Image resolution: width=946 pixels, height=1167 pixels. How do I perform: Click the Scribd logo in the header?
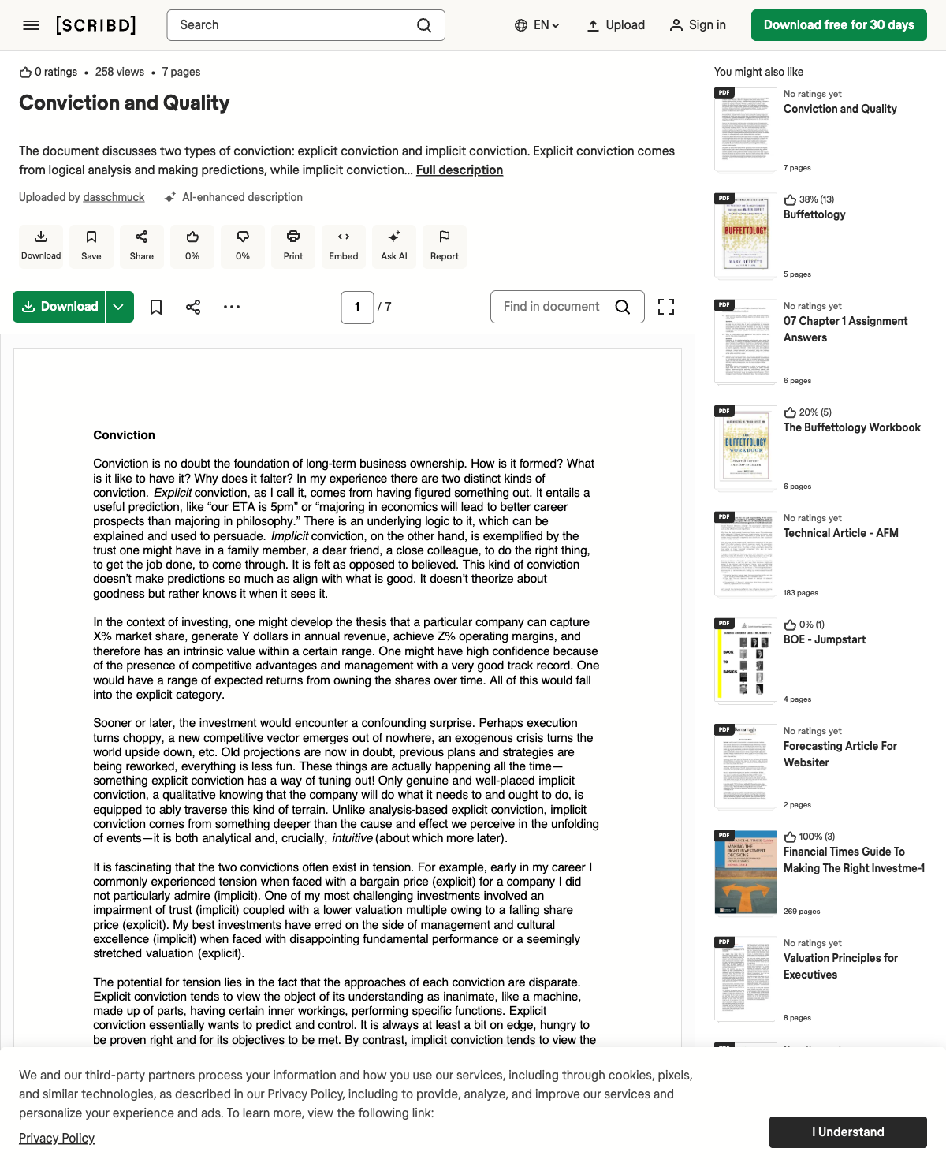click(96, 25)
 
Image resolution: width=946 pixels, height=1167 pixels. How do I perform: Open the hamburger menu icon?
click(32, 25)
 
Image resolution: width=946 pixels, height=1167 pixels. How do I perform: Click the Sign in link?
click(698, 25)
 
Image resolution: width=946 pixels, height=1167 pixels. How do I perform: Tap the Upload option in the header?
click(616, 25)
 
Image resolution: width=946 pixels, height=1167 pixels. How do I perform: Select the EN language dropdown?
click(537, 25)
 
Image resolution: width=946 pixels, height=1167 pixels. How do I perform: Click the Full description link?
click(460, 170)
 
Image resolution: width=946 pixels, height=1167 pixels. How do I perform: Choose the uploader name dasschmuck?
click(114, 197)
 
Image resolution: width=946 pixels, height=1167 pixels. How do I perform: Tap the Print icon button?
click(293, 246)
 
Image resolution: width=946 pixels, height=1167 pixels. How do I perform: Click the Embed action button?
click(344, 246)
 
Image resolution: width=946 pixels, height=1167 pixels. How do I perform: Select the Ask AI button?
click(394, 246)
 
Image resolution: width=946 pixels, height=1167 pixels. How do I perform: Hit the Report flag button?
click(445, 246)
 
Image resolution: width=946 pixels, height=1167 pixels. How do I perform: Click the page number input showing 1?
click(357, 308)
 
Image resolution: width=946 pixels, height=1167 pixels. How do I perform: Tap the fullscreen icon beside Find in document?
click(666, 307)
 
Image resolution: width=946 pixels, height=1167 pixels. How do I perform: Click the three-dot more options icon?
click(232, 307)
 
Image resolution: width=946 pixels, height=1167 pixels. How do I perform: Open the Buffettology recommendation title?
click(814, 214)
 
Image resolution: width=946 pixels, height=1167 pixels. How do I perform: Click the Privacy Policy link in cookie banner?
click(57, 1139)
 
